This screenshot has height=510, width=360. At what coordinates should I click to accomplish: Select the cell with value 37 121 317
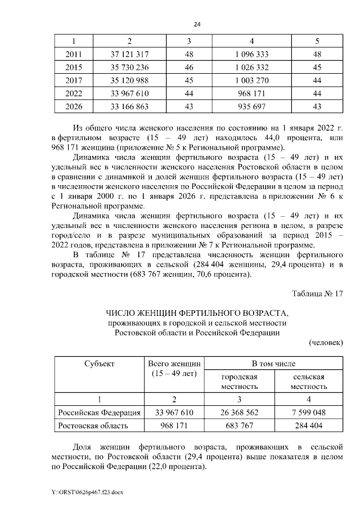pyautogui.click(x=130, y=55)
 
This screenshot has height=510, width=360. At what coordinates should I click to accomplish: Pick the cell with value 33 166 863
pyautogui.click(x=130, y=106)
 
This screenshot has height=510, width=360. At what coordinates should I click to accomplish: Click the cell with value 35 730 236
pyautogui.click(x=130, y=68)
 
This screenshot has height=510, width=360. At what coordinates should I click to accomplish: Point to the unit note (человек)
pyautogui.click(x=326, y=342)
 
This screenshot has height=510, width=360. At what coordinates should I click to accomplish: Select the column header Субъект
pyautogui.click(x=100, y=364)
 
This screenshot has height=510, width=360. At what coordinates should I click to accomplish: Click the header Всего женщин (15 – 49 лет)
pyautogui.click(x=174, y=369)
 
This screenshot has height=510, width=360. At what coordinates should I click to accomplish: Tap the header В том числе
pyautogui.click(x=273, y=364)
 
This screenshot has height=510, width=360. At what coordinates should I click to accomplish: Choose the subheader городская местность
pyautogui.click(x=239, y=382)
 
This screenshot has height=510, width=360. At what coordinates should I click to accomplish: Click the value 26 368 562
pyautogui.click(x=239, y=413)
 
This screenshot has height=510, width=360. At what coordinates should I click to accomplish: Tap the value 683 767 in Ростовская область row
pyautogui.click(x=239, y=426)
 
